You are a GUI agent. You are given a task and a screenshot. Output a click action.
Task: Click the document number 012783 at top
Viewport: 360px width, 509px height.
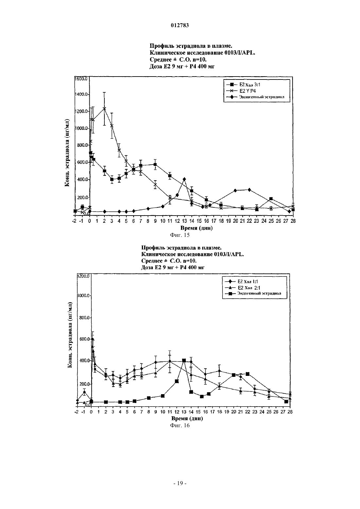pyautogui.click(x=180, y=25)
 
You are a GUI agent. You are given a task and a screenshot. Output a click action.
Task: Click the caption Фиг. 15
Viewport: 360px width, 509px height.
pyautogui.click(x=180, y=235)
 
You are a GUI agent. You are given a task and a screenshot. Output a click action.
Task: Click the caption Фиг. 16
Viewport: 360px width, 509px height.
pyautogui.click(x=180, y=425)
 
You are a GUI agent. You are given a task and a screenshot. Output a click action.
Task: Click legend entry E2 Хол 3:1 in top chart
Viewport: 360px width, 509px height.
pyautogui.click(x=243, y=85)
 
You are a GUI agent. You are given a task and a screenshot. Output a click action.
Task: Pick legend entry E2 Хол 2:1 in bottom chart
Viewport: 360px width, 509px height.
pyautogui.click(x=243, y=288)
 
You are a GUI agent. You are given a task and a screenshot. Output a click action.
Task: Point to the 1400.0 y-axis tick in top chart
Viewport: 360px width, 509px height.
pyautogui.click(x=81, y=94)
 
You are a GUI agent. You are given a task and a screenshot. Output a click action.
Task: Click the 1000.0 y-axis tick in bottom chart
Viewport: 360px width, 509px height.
pyautogui.click(x=84, y=296)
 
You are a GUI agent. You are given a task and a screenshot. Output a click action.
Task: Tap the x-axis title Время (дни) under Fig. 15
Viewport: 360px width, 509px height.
pyautogui.click(x=197, y=228)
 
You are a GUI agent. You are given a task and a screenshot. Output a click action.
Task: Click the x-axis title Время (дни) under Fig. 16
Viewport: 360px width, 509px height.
pyautogui.click(x=187, y=419)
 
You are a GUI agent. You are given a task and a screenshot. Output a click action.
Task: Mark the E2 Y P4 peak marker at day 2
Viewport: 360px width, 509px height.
pyautogui.click(x=104, y=109)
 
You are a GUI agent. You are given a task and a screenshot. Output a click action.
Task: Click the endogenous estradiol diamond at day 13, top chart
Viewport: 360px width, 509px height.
pyautogui.click(x=184, y=179)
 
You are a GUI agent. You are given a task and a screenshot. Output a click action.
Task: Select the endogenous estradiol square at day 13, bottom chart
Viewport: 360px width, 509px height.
pyautogui.click(x=184, y=360)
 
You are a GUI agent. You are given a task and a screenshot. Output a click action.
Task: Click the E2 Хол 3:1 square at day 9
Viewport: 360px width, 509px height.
pyautogui.click(x=155, y=165)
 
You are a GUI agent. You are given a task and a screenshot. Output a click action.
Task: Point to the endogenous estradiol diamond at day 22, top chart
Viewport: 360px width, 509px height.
pyautogui.click(x=249, y=190)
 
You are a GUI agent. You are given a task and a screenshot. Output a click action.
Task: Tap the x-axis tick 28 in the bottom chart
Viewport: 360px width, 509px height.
pyautogui.click(x=290, y=412)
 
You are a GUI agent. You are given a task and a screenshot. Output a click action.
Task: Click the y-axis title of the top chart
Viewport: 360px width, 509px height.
pyautogui.click(x=67, y=153)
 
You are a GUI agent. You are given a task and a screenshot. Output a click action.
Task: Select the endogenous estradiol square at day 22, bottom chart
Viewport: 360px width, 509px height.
pyautogui.click(x=248, y=374)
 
